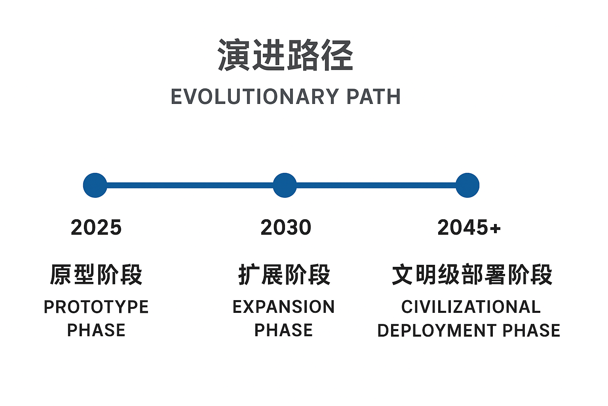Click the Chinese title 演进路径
click(x=285, y=56)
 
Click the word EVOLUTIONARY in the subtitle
click(x=255, y=97)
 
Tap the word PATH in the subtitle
click(x=373, y=97)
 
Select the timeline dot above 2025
click(x=95, y=185)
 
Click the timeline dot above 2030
click(x=285, y=185)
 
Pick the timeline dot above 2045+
click(x=467, y=185)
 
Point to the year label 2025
click(x=96, y=228)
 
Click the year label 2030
click(x=286, y=228)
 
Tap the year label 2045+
click(x=469, y=228)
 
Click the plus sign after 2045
click(x=495, y=228)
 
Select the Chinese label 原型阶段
click(x=96, y=274)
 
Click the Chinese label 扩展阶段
click(x=284, y=274)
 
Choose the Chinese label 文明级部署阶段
click(x=472, y=274)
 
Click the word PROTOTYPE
click(x=96, y=307)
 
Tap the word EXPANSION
click(x=283, y=307)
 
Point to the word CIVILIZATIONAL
click(x=471, y=307)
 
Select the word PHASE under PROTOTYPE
click(x=96, y=331)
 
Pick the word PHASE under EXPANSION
click(x=283, y=331)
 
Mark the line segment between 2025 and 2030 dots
click(x=190, y=185)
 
